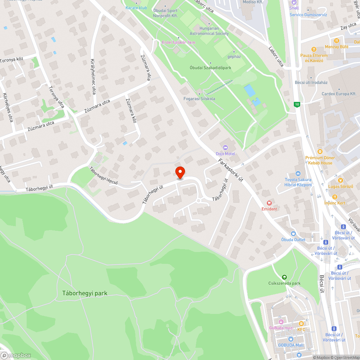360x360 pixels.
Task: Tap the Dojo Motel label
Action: [x=225, y=154]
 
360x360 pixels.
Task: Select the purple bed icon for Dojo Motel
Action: [x=225, y=147]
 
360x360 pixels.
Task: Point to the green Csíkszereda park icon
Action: [x=284, y=277]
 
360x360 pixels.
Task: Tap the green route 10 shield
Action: [x=297, y=104]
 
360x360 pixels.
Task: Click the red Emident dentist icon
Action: [x=269, y=203]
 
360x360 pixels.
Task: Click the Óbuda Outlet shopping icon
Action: [x=293, y=233]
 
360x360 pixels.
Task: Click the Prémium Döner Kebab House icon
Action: [x=320, y=152]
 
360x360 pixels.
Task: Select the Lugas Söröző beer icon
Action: [x=340, y=180]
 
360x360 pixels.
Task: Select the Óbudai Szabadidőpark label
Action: [x=210, y=68]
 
